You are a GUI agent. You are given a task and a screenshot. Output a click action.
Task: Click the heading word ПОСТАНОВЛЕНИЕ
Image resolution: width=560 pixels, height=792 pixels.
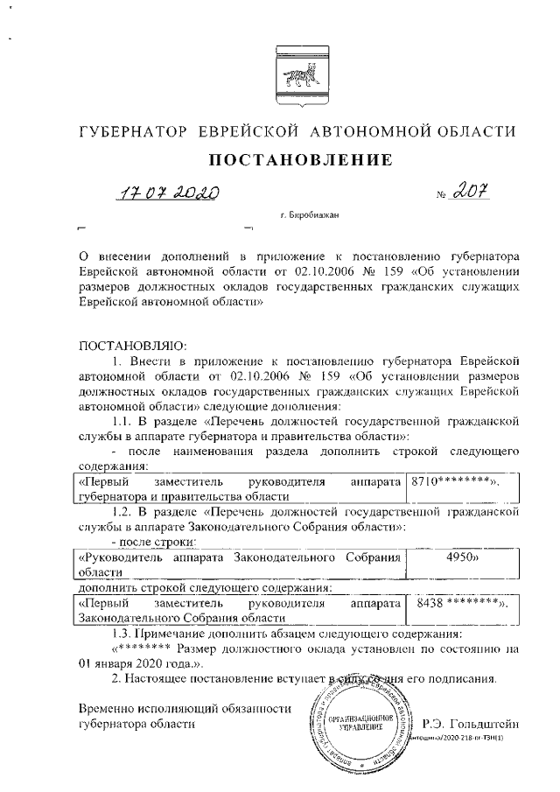tap(297, 161)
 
